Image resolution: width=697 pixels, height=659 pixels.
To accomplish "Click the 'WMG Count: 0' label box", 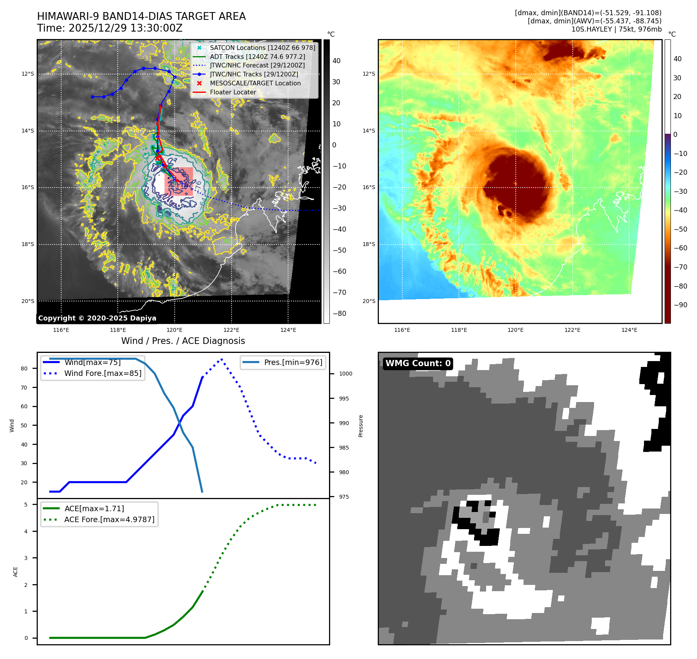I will (418, 363).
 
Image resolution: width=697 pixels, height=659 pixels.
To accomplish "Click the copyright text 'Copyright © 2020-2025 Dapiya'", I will (97, 318).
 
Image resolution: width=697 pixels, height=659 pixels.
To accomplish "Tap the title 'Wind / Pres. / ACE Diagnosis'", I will (183, 341).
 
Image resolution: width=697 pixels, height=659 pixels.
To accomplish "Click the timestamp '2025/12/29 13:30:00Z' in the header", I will (126, 28).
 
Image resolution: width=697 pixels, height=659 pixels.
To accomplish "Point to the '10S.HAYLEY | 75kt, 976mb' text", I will (616, 29).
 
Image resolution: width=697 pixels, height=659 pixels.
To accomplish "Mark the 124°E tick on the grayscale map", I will (288, 330).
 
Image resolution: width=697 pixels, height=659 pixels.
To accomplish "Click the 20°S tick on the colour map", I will (369, 301).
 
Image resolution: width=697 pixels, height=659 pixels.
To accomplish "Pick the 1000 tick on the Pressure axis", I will (345, 374).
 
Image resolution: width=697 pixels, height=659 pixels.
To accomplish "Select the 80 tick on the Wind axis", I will (24, 368).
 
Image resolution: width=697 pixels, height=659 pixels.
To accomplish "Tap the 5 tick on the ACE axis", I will (26, 505).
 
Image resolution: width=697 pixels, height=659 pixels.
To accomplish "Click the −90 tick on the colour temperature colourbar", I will (681, 305).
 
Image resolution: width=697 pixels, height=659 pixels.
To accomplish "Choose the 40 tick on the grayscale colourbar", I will (336, 61).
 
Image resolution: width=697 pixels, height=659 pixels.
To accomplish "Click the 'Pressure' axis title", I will (361, 426).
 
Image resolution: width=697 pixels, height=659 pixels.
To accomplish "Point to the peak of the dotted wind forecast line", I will (222, 359).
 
